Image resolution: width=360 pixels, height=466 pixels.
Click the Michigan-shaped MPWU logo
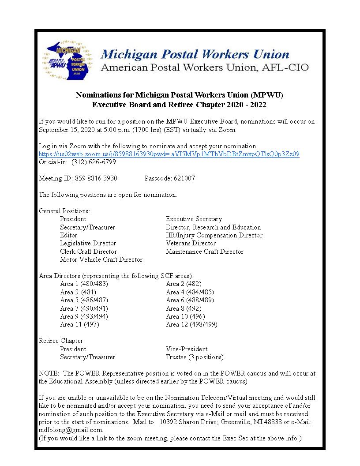67,60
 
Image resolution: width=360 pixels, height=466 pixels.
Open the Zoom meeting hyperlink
169,154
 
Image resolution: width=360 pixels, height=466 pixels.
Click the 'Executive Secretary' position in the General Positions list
194,219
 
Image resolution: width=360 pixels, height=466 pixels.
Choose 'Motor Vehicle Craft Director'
101,259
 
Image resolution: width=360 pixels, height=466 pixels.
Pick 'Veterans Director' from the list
191,243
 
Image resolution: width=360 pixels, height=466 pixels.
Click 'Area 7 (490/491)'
84,308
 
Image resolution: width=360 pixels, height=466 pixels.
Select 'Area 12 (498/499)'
191,324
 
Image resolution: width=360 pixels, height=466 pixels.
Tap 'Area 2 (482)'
184,284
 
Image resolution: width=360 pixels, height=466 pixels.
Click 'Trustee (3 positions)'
195,357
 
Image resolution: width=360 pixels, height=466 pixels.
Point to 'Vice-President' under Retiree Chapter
187,349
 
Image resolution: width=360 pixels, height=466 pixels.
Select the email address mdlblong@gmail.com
71,430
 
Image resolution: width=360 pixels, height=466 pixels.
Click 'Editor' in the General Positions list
68,235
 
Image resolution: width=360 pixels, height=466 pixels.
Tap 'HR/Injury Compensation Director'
214,235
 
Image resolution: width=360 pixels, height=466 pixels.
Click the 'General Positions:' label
64,211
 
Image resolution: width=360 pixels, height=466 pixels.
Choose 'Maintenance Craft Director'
204,252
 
